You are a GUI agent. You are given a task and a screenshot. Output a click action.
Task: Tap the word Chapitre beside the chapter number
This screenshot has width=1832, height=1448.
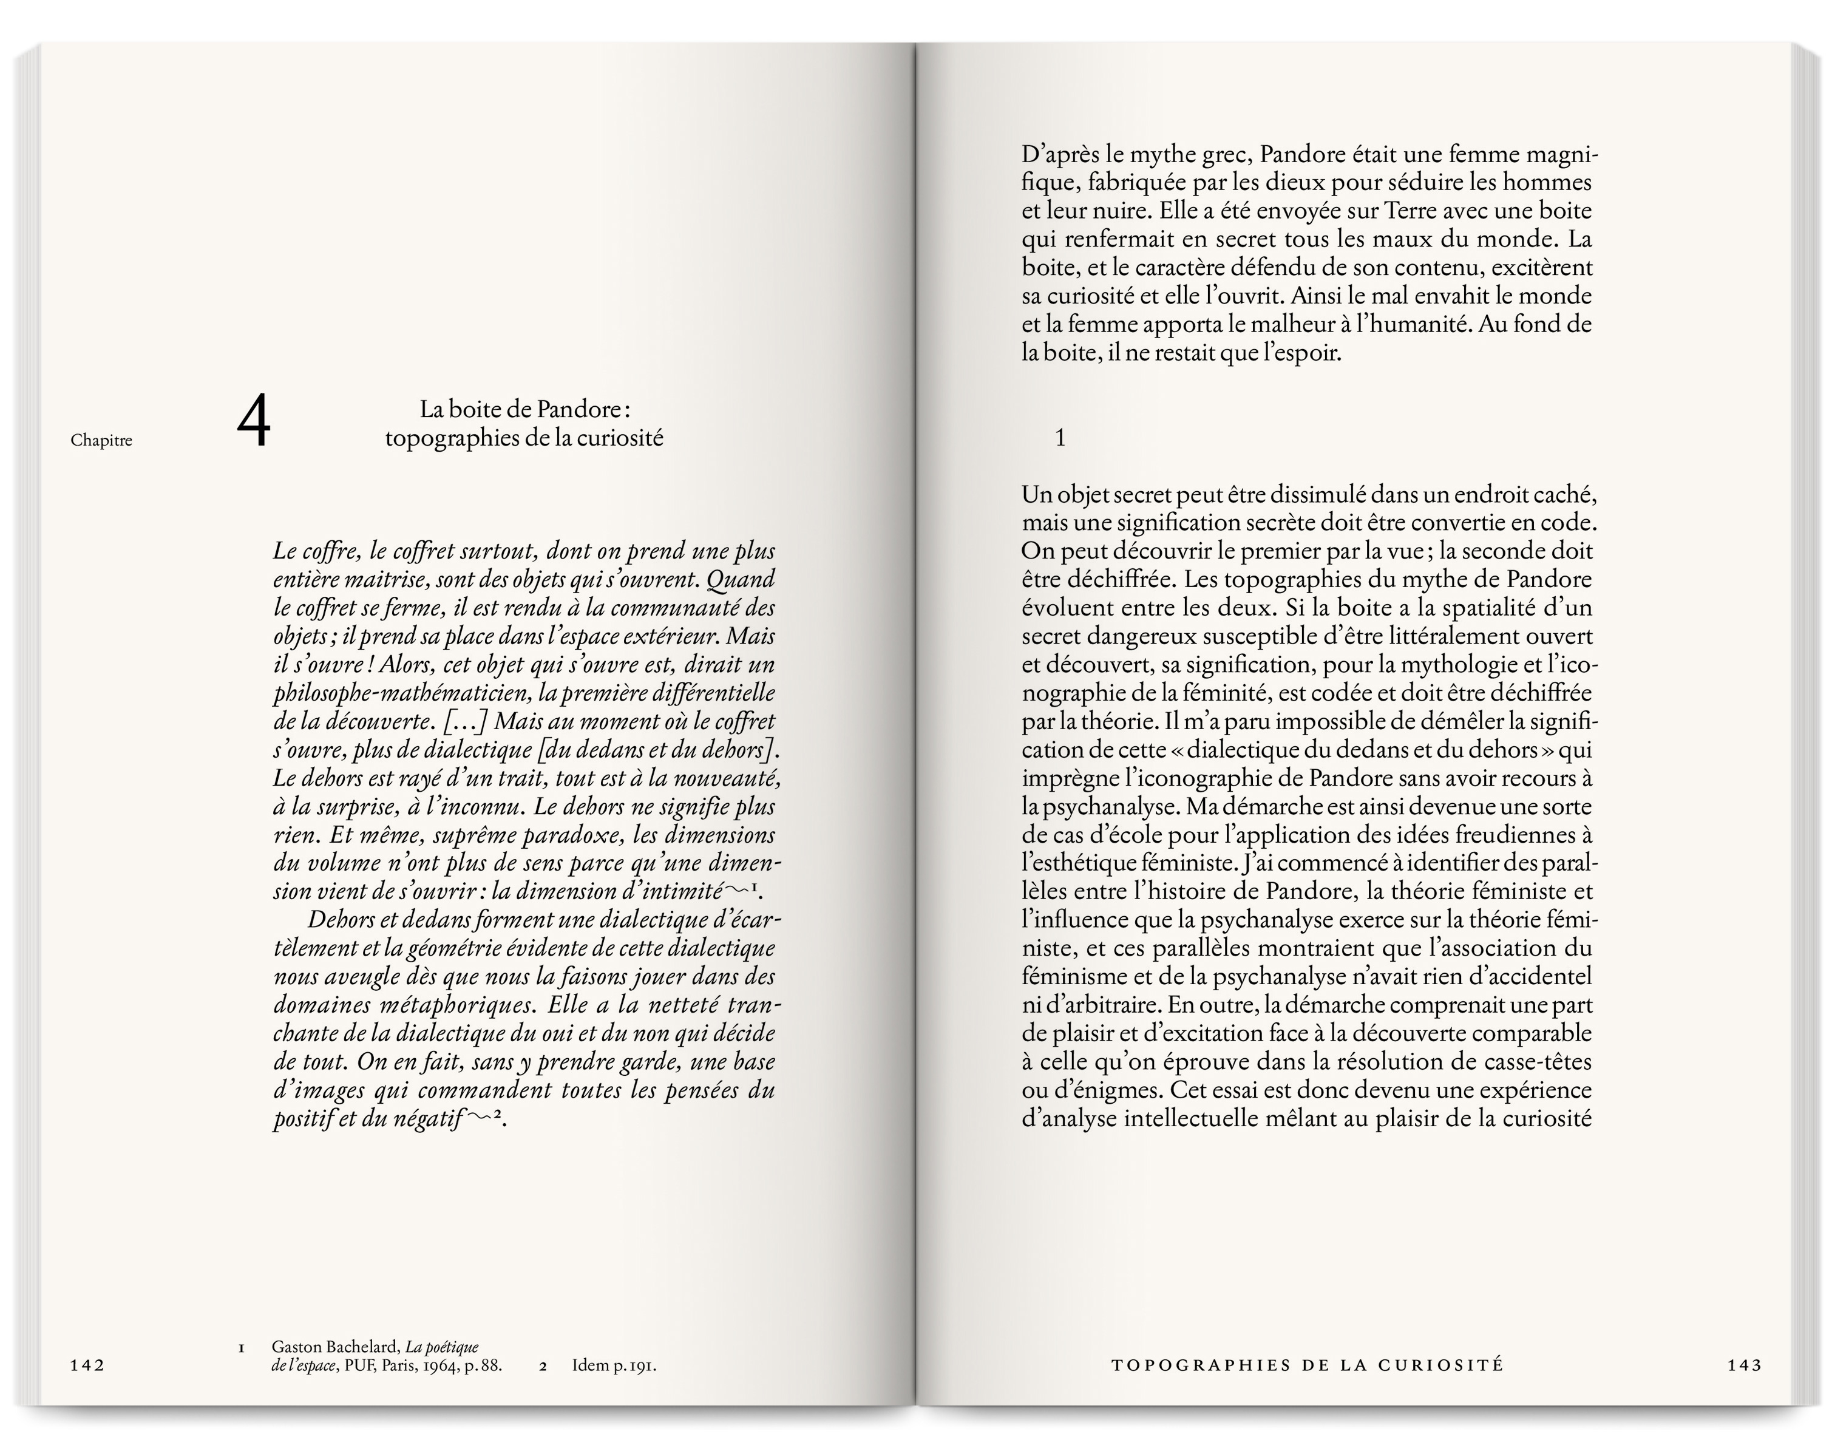click(102, 440)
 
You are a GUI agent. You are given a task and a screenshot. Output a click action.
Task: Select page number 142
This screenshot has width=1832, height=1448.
click(87, 1389)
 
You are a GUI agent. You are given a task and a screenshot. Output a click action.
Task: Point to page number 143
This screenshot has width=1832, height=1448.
click(1745, 1389)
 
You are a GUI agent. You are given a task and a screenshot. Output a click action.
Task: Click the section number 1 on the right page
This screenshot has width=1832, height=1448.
click(1060, 438)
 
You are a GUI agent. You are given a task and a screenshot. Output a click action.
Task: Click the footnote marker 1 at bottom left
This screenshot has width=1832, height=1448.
click(242, 1371)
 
